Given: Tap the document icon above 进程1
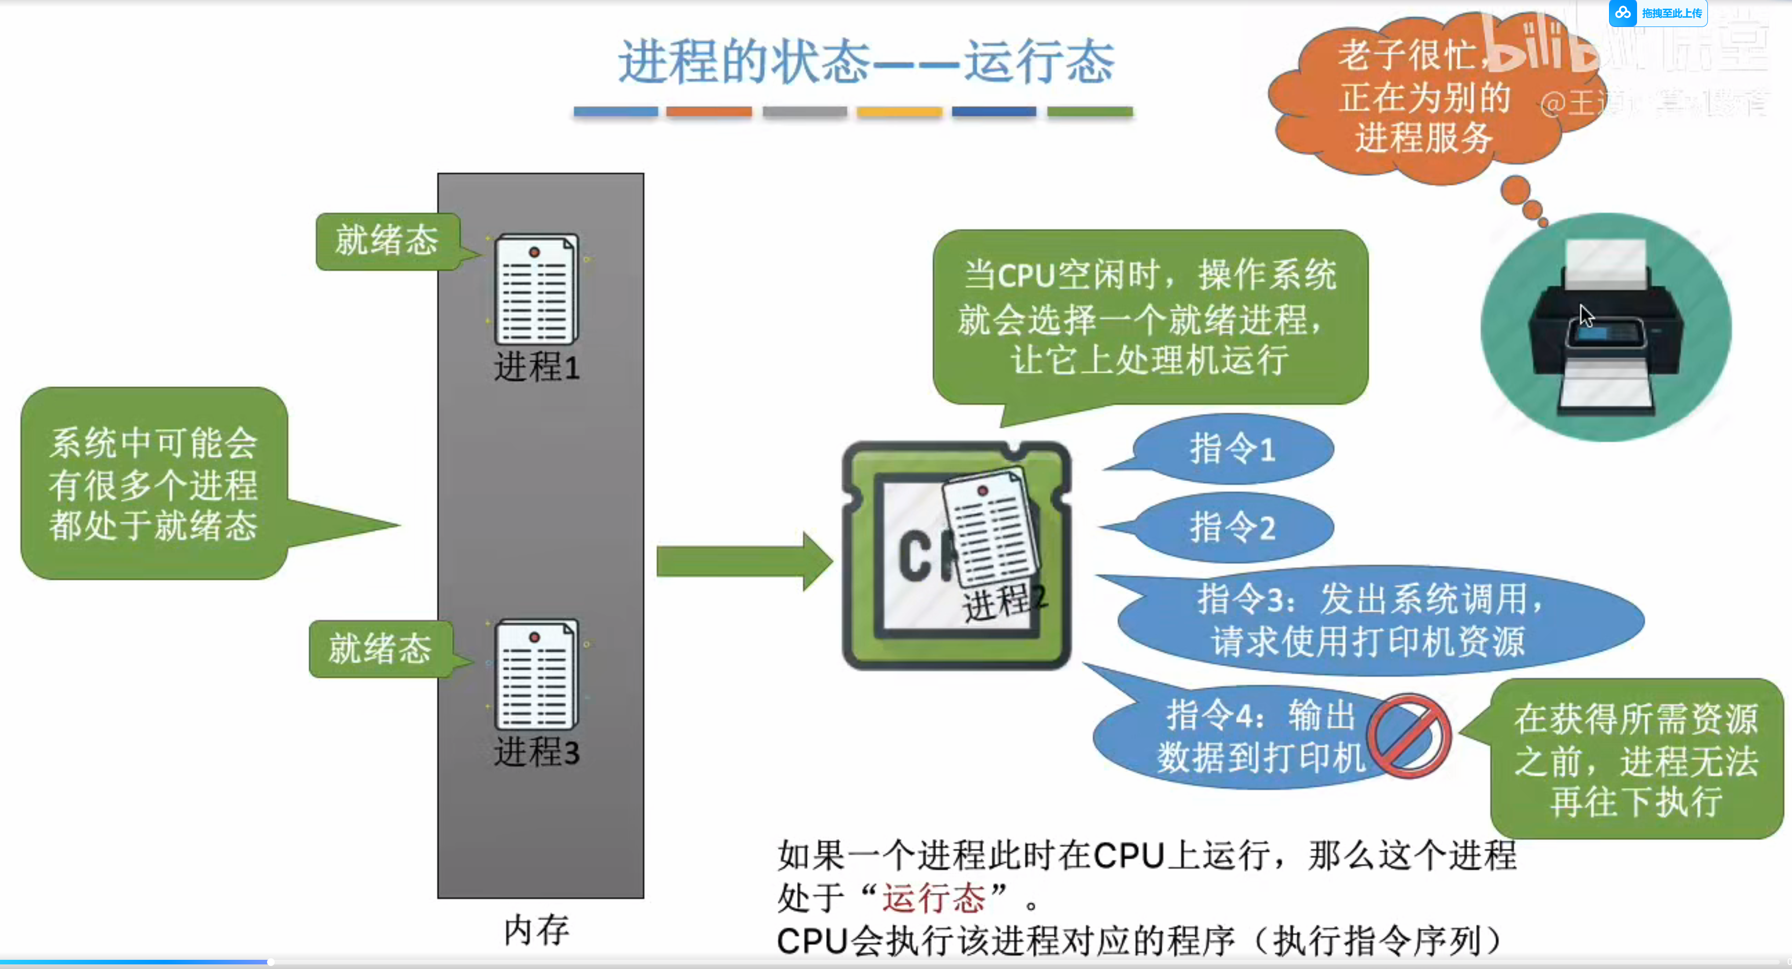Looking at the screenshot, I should click(536, 289).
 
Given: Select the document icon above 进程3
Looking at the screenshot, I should click(536, 674).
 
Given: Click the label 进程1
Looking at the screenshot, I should click(536, 366).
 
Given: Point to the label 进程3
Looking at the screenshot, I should click(536, 752).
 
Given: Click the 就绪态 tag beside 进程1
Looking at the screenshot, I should click(387, 241).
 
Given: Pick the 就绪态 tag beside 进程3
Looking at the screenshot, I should click(380, 648).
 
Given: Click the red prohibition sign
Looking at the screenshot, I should click(1408, 735).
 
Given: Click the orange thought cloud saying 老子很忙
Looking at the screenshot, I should click(1419, 97).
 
